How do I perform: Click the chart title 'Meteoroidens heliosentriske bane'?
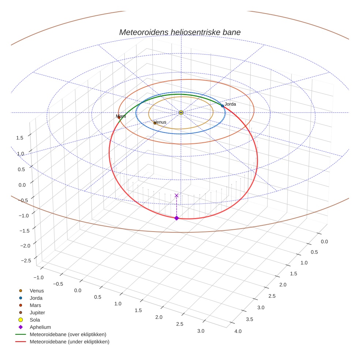pyautogui.click(x=180, y=32)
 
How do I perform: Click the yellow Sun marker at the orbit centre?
pyautogui.click(x=181, y=112)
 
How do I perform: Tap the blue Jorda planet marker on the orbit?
pyautogui.click(x=222, y=106)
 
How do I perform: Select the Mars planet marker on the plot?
pyautogui.click(x=119, y=117)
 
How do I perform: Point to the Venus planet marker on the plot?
pyautogui.click(x=155, y=123)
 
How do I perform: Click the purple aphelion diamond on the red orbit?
pyautogui.click(x=176, y=218)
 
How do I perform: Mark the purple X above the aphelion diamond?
pyautogui.click(x=176, y=195)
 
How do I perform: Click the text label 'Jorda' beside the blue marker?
pyautogui.click(x=230, y=104)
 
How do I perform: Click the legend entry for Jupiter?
pyautogui.click(x=37, y=312)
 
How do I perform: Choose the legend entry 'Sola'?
pyautogui.click(x=35, y=320)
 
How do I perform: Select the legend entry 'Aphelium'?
pyautogui.click(x=40, y=327)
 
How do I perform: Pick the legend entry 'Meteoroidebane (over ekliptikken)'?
pyautogui.click(x=68, y=334)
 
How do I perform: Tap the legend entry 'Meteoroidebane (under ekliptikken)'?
pyautogui.click(x=69, y=342)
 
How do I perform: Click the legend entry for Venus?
pyautogui.click(x=37, y=290)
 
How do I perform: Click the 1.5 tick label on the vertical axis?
pyautogui.click(x=20, y=137)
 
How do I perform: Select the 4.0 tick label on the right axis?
pyautogui.click(x=238, y=331)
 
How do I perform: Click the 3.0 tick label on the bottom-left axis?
pyautogui.click(x=200, y=331)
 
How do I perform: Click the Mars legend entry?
pyautogui.click(x=35, y=305)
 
